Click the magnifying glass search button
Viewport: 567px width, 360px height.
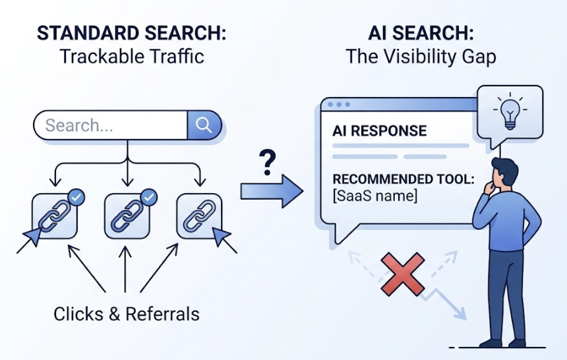click(x=204, y=125)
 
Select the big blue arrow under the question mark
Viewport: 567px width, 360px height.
click(x=271, y=191)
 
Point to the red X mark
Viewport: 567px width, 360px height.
click(x=402, y=276)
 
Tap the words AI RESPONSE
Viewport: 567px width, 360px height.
click(x=379, y=131)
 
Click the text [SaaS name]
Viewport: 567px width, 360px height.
click(x=375, y=196)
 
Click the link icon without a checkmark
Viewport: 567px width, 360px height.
click(x=199, y=216)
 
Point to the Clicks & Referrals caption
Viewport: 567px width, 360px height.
click(x=127, y=315)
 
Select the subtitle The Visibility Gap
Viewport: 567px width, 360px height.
click(x=421, y=57)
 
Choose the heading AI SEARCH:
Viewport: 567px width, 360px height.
click(x=421, y=33)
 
